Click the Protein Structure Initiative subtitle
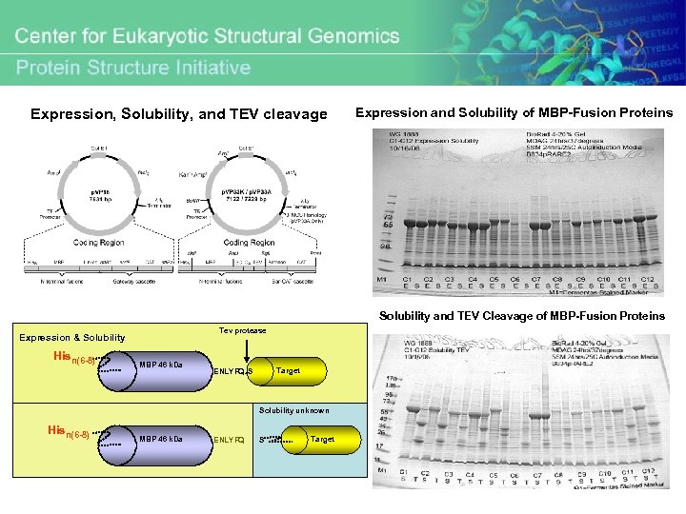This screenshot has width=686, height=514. click(133, 67)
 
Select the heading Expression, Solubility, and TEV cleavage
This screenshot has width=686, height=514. click(179, 114)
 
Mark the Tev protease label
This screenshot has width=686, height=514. click(243, 330)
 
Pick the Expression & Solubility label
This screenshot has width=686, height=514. click(72, 337)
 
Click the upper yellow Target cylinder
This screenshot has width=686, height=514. click(288, 370)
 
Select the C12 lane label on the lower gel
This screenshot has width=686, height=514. click(649, 472)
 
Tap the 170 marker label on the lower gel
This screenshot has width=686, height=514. click(389, 380)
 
